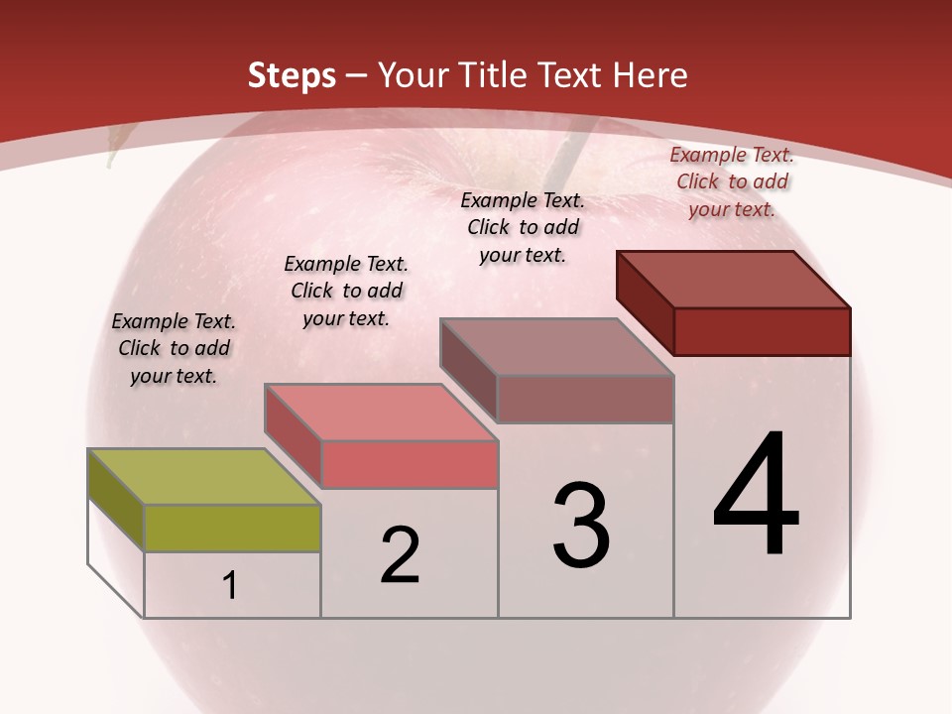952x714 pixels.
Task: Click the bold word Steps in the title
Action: (x=291, y=75)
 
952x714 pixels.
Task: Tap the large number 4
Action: (x=757, y=496)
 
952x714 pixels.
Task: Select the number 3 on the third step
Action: (x=581, y=527)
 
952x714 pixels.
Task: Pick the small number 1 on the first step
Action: (x=230, y=586)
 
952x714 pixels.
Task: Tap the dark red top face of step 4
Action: (x=734, y=279)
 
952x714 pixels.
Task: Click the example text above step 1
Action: (x=174, y=348)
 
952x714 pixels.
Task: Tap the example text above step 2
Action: (x=346, y=291)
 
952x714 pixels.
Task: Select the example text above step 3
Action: (x=523, y=227)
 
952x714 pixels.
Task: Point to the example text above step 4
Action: (x=732, y=181)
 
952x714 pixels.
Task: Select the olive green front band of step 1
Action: (x=232, y=528)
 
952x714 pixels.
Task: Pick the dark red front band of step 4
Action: (x=762, y=331)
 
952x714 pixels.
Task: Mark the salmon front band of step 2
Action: (x=409, y=464)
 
